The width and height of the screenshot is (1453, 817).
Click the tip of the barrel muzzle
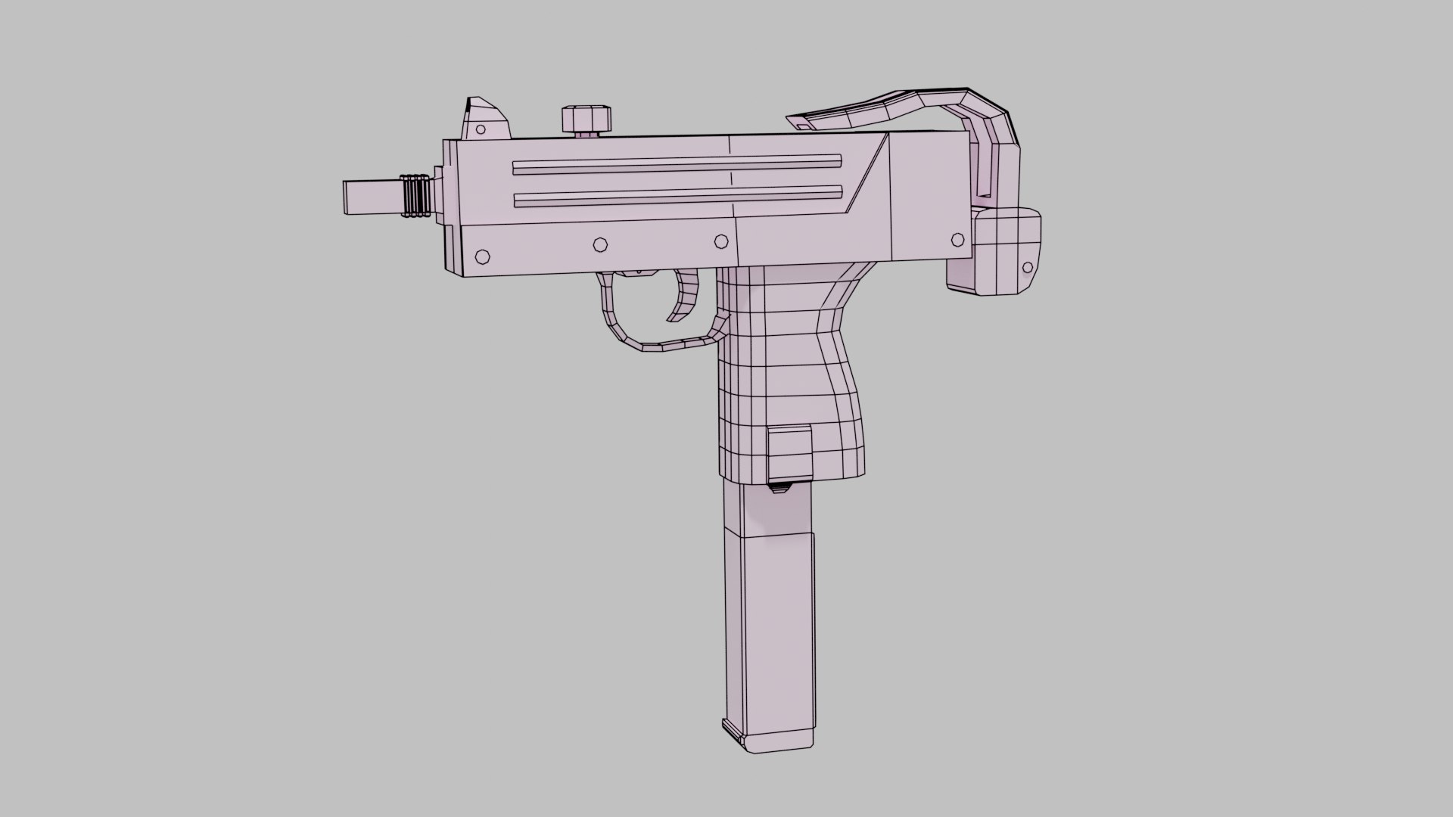click(x=347, y=197)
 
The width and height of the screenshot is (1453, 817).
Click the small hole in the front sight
click(x=480, y=129)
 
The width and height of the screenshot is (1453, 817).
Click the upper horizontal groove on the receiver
click(x=677, y=165)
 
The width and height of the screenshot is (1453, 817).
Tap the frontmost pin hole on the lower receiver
click(x=481, y=257)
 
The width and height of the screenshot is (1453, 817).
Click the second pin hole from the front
click(x=600, y=244)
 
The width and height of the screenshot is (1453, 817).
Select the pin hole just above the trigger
click(x=720, y=241)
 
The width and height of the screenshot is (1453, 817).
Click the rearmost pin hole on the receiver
click(x=957, y=240)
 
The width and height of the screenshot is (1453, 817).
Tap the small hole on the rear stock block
click(x=1028, y=268)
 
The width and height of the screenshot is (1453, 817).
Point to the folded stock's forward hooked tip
click(x=798, y=121)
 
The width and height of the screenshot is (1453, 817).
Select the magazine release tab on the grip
click(x=790, y=454)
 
